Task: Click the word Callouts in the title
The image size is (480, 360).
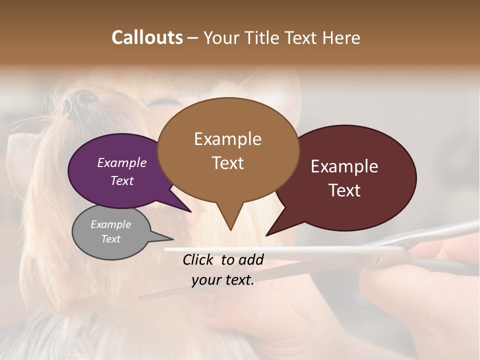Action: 147,37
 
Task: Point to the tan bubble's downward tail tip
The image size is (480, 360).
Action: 230,229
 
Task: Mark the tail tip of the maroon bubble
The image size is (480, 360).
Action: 267,235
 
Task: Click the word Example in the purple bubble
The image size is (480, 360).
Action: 121,162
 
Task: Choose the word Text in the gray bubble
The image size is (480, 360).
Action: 111,239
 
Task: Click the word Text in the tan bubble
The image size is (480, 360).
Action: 228,162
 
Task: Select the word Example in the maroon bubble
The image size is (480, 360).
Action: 344,166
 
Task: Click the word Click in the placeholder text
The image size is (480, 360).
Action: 199,259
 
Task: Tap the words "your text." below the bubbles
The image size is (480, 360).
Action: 223,280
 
